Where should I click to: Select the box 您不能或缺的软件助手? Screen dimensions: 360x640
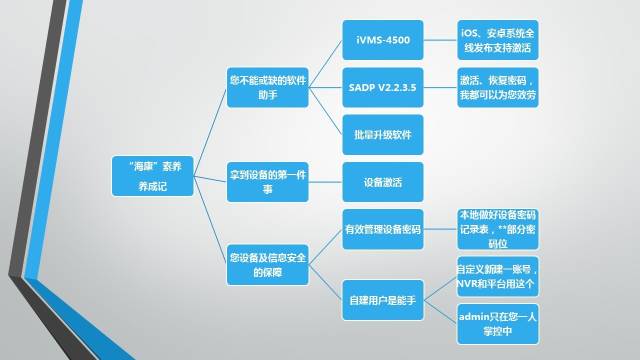(x=265, y=85)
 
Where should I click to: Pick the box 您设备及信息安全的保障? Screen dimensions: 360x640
(x=265, y=264)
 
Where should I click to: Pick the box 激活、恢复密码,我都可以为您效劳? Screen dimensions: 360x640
(x=497, y=87)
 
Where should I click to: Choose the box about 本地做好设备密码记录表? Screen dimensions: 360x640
(x=497, y=229)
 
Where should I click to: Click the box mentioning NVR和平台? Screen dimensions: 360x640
(x=497, y=277)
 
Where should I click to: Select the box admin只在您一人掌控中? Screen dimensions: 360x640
(x=497, y=323)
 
